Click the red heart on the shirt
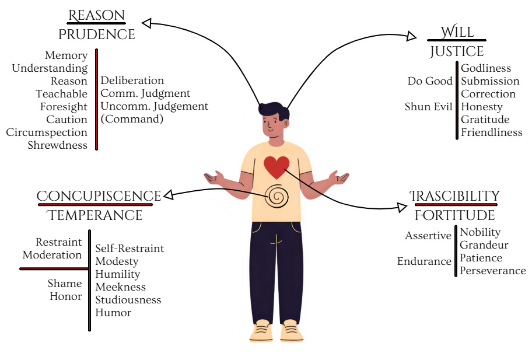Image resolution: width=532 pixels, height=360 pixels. pyautogui.click(x=276, y=167)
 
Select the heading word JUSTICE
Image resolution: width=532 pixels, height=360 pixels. pyautogui.click(x=457, y=51)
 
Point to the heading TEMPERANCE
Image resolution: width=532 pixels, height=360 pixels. pyautogui.click(x=95, y=215)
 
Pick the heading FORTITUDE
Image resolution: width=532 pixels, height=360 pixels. pyautogui.click(x=454, y=215)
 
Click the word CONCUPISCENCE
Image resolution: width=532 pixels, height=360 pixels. pyautogui.click(x=99, y=196)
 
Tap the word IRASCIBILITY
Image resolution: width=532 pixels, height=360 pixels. pyautogui.click(x=454, y=196)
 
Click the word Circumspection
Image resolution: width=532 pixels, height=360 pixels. pyautogui.click(x=47, y=132)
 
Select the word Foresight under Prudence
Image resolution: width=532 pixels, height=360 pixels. pyautogui.click(x=64, y=107)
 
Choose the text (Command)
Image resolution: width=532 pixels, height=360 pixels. pyautogui.click(x=132, y=120)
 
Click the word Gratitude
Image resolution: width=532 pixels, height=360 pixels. pyautogui.click(x=485, y=120)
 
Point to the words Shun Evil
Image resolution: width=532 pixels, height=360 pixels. pyautogui.click(x=429, y=107)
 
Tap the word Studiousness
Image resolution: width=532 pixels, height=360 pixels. pyautogui.click(x=128, y=300)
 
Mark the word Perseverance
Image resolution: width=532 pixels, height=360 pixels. pyautogui.click(x=492, y=271)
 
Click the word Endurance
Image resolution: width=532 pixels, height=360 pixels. pyautogui.click(x=424, y=261)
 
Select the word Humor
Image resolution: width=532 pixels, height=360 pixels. pyautogui.click(x=113, y=313)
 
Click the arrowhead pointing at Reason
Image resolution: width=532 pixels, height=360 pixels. pyautogui.click(x=148, y=23)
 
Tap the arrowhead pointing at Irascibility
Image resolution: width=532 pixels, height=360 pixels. pyautogui.click(x=401, y=207)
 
